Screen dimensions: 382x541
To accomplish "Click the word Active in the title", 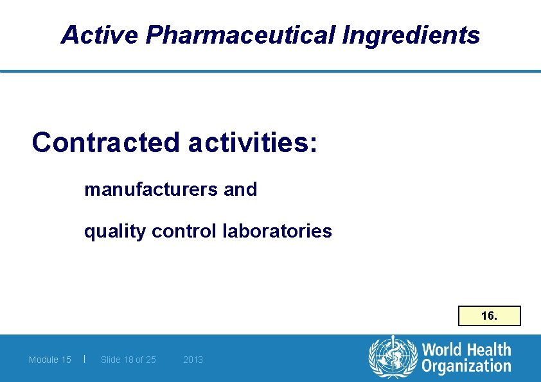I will tap(99, 35).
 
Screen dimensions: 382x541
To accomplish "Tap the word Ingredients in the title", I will tap(411, 35).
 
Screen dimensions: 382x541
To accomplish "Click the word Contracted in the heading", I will tap(105, 143).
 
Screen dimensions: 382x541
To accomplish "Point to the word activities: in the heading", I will tap(253, 143).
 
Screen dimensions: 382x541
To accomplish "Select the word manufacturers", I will tap(145, 189).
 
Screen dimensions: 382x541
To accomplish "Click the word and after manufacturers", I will tap(240, 189).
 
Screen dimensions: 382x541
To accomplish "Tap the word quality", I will tap(115, 230).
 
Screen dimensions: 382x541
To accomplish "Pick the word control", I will tap(184, 230).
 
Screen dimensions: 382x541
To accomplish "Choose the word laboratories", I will tap(277, 230).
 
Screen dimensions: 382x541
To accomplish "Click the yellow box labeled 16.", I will tap(489, 316).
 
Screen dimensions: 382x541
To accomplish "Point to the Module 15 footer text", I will tap(50, 360).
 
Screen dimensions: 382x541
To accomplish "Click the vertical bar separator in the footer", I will tap(85, 359).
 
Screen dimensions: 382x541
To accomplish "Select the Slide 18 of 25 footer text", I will tap(129, 360).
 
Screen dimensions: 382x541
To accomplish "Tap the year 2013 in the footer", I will tap(193, 360).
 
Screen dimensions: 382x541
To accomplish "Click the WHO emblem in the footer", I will tap(392, 358).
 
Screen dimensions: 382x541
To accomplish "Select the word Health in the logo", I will tap(490, 350).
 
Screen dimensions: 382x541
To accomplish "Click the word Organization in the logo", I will tap(466, 367).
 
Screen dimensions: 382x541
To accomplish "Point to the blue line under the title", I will tap(270, 71).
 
